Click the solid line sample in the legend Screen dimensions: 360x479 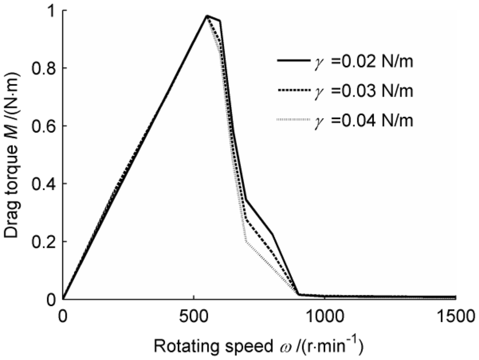(293, 62)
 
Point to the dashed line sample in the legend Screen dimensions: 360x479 (293, 91)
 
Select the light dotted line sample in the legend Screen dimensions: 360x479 (293, 121)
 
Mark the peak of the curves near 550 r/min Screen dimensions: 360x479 (206, 16)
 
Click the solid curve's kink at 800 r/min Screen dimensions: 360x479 (272, 234)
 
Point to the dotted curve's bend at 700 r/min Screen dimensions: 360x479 (246, 242)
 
